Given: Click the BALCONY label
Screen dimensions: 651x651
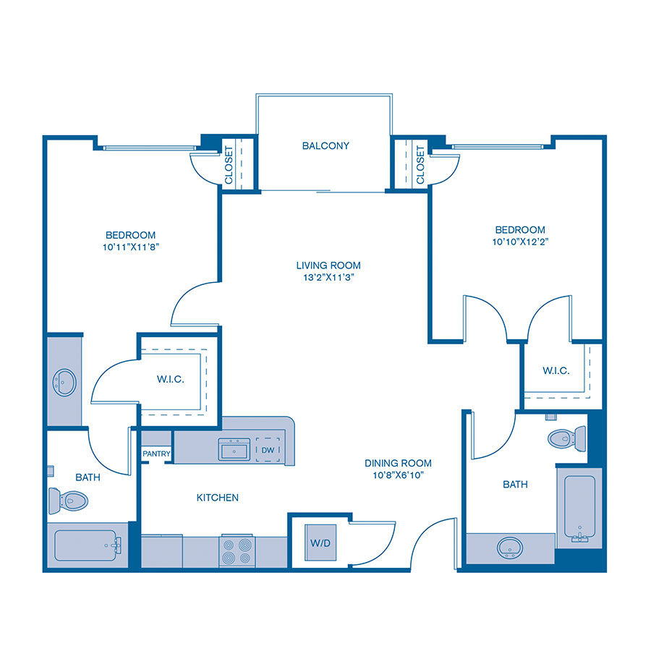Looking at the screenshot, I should click(325, 146).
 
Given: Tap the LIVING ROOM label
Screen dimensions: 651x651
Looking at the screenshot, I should click(328, 265).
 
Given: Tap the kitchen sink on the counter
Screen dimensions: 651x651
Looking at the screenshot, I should click(234, 450).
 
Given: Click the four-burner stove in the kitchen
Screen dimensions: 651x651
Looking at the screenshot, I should click(238, 550).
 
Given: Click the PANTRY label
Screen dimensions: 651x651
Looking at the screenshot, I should click(156, 455).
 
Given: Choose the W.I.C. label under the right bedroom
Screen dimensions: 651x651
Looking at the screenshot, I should click(556, 371).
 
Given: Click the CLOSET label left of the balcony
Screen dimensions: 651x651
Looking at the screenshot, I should click(229, 166).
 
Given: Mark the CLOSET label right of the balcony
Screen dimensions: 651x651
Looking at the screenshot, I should click(420, 166).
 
